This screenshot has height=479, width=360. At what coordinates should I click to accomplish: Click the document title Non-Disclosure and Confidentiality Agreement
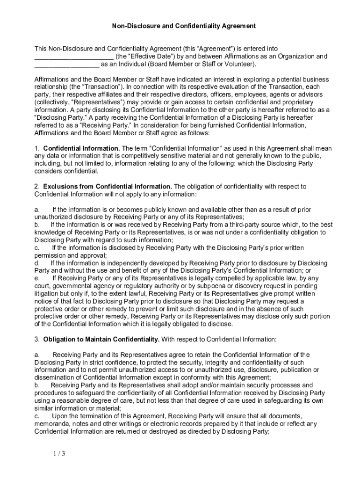(x=184, y=26)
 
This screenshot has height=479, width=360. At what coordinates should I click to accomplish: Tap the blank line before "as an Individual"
(x=67, y=65)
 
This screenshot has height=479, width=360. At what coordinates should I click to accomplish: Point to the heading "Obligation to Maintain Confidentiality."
(x=102, y=339)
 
